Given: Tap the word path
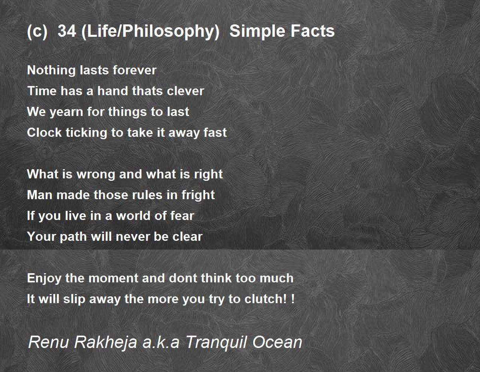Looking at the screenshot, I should point(71,237).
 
